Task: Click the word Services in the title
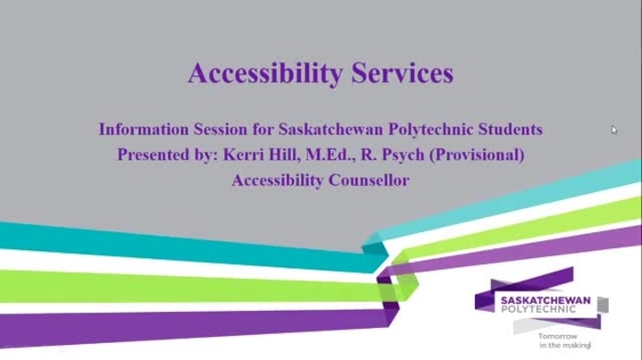[x=403, y=73]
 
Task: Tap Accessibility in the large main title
[x=265, y=74]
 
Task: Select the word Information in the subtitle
[x=144, y=130]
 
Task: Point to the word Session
[x=221, y=130]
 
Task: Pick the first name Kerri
[x=243, y=155]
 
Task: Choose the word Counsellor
[x=369, y=180]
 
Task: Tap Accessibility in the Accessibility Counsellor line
[x=278, y=181]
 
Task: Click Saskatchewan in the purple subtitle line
[x=331, y=130]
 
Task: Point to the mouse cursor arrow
[x=614, y=130]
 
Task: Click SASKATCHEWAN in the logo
[x=546, y=300]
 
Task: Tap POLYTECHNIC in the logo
[x=538, y=309]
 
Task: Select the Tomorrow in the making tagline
[x=564, y=340]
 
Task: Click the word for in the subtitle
[x=263, y=130]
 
